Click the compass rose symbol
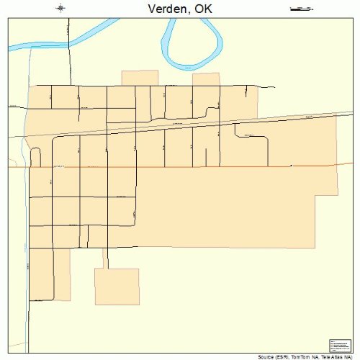pyautogui.click(x=61, y=8)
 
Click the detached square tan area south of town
pyautogui.click(x=117, y=287)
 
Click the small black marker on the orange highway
pyautogui.click(x=291, y=166)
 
